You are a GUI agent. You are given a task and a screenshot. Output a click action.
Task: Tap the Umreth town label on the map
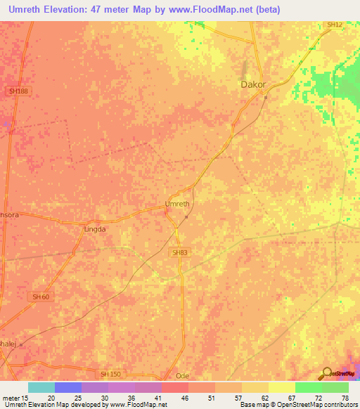tap(176, 204)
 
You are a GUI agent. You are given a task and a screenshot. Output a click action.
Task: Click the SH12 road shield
tap(334, 25)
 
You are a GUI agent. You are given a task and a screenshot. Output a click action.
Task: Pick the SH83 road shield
tap(180, 252)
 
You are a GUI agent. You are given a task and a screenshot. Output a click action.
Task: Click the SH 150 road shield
tap(110, 374)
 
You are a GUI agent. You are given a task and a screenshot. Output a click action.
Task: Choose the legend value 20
tap(51, 397)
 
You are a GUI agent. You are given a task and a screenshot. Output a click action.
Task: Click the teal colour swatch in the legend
tap(41, 387)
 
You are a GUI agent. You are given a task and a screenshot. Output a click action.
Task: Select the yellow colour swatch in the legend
tap(281, 387)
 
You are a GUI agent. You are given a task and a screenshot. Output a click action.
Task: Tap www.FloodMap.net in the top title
tap(219, 10)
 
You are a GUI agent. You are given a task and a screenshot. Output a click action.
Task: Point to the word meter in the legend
tap(11, 397)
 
